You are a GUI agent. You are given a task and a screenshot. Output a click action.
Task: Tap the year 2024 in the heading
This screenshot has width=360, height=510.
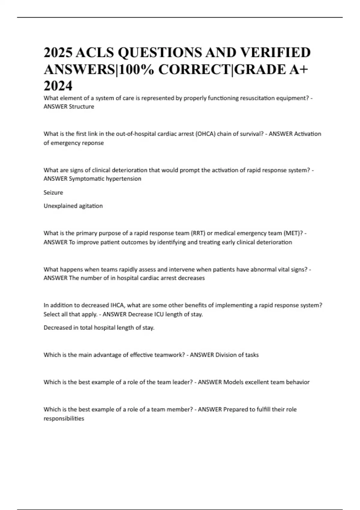(x=58, y=86)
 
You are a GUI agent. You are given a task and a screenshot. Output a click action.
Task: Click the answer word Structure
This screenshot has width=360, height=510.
(x=81, y=106)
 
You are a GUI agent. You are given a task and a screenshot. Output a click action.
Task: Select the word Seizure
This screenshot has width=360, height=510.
(x=53, y=193)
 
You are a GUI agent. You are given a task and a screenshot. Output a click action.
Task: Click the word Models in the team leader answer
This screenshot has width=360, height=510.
(x=233, y=382)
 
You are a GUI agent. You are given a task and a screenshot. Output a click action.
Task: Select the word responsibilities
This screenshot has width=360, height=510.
(x=64, y=418)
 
